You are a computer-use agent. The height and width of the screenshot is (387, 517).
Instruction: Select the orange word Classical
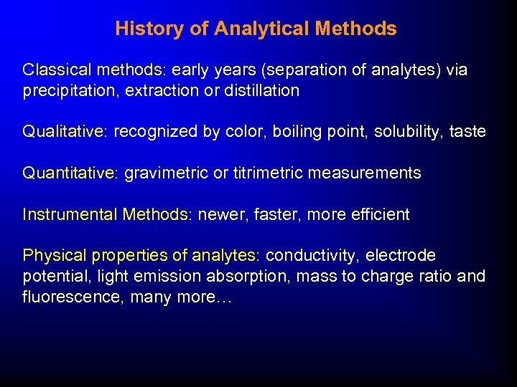click(x=55, y=70)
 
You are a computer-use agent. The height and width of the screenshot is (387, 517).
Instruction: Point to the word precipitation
click(x=65, y=90)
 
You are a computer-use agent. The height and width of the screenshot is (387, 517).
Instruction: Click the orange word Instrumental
click(x=70, y=214)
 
